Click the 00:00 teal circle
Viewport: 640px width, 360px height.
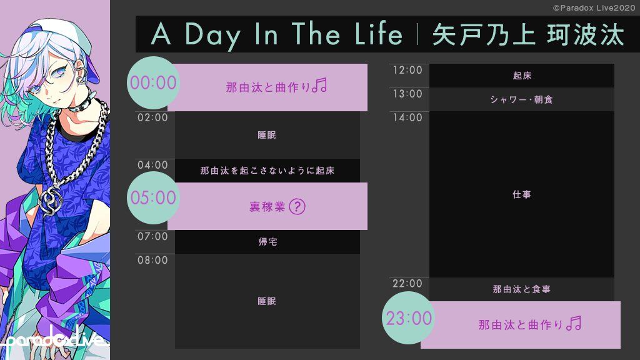[153, 83]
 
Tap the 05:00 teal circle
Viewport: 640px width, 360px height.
[153, 197]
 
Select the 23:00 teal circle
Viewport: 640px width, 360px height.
[408, 318]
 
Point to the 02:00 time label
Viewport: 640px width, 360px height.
[152, 117]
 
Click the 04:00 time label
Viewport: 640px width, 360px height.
[152, 165]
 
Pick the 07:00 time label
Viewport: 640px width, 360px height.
[152, 236]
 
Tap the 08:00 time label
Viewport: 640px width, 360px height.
[152, 260]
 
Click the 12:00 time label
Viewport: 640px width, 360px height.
[407, 70]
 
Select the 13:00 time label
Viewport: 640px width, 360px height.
[407, 94]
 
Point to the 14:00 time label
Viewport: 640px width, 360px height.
[407, 117]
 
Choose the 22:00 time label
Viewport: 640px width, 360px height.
[407, 284]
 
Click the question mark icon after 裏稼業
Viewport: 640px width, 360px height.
[297, 206]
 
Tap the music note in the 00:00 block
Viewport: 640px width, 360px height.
[319, 85]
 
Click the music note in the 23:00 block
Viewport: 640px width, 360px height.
[574, 323]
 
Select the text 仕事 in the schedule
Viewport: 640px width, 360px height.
[522, 195]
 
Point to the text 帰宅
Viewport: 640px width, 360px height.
[267, 242]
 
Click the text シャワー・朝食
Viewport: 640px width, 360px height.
[522, 99]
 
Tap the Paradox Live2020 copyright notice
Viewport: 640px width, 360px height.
[594, 7]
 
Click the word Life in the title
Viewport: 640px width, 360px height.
[379, 34]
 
